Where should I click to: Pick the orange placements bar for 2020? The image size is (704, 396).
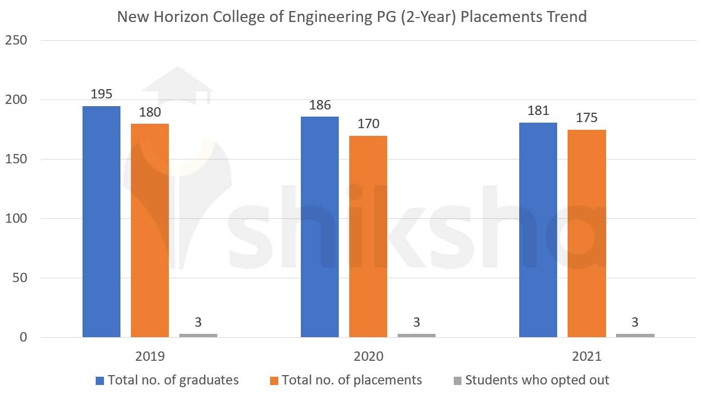coord(368,236)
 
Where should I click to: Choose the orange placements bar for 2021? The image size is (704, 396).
coord(586,233)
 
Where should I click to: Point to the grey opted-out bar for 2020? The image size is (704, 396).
coord(416,335)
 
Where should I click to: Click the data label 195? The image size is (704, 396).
coord(101,94)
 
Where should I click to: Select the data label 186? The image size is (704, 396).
coord(320,105)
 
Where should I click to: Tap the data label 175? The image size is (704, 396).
coord(586,118)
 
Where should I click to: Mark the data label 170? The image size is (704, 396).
coord(368,124)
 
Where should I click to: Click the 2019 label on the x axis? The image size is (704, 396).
coord(150,356)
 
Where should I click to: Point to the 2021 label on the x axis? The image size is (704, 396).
coord(586,356)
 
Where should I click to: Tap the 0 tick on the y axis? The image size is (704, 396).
coord(23,337)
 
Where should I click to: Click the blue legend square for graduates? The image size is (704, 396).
coord(100,381)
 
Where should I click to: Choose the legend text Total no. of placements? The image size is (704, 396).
coord(352,380)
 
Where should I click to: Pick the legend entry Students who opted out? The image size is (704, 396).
coord(537,380)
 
